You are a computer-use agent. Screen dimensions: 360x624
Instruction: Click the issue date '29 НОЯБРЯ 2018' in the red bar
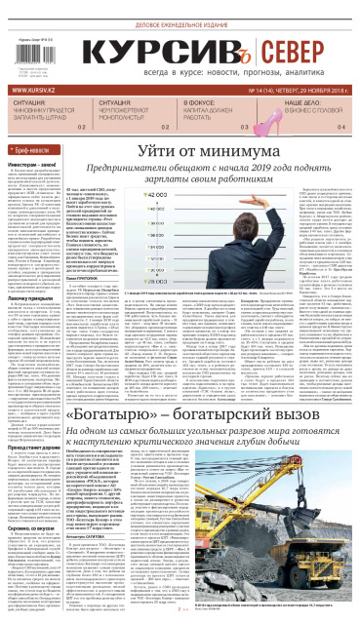tap(307, 91)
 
